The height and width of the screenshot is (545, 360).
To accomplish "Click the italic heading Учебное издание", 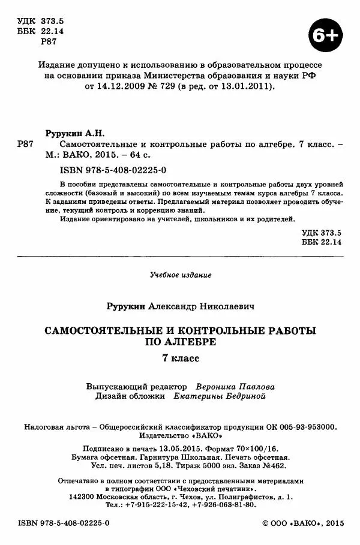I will coord(180,275).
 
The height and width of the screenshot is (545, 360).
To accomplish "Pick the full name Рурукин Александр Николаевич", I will coord(180,306).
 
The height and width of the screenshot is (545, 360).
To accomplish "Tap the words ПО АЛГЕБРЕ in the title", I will coord(180,343).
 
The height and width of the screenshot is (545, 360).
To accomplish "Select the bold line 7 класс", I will coord(180,359).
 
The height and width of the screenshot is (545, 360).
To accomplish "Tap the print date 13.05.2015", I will coord(181,448).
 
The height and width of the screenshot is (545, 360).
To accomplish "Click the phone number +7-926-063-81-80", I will coord(224,505).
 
